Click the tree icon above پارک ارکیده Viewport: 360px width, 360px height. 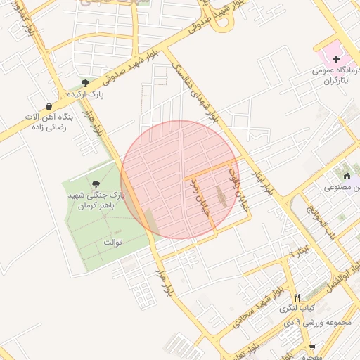(x=85, y=84)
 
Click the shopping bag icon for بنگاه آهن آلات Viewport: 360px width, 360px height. (x=48, y=105)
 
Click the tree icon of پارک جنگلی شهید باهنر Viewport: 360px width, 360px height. (x=96, y=184)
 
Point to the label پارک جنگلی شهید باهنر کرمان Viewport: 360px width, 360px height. (x=94, y=200)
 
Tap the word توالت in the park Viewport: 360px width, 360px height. (x=112, y=243)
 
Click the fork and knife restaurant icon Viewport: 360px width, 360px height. (x=297, y=297)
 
